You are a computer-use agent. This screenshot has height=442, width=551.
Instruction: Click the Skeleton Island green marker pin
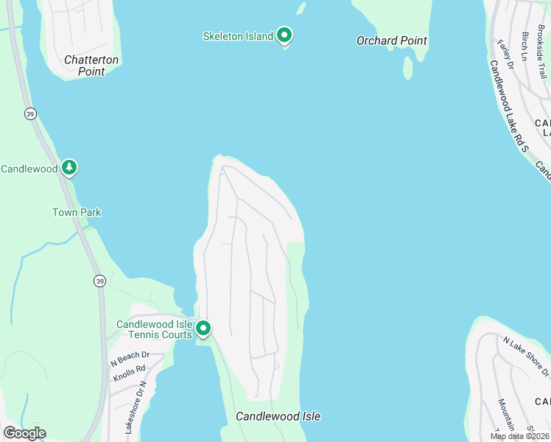(x=284, y=35)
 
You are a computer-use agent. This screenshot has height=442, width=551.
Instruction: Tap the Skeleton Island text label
(x=239, y=35)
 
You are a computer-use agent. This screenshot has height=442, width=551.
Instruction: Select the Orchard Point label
(x=391, y=41)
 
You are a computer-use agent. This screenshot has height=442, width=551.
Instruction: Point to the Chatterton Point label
(x=91, y=66)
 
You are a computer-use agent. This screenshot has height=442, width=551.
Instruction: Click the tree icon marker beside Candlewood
(x=69, y=168)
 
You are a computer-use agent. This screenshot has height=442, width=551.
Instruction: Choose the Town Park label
(x=77, y=212)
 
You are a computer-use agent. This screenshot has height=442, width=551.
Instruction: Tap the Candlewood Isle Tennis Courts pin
(x=203, y=329)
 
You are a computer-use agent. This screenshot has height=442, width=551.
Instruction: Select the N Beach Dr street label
(x=129, y=359)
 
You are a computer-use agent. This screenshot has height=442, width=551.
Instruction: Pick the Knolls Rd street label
(x=129, y=373)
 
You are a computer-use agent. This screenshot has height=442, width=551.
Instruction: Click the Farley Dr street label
(x=505, y=54)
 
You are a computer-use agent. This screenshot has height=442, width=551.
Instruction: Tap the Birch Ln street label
(x=525, y=46)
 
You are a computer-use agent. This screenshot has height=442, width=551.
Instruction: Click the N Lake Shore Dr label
(x=526, y=354)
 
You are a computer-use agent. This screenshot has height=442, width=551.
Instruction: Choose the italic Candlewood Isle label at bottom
(x=278, y=416)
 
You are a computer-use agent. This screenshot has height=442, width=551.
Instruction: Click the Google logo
(x=24, y=433)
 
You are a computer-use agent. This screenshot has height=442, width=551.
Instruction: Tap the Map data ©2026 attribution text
(x=519, y=436)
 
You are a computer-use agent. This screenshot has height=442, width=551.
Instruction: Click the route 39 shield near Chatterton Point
(x=29, y=113)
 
